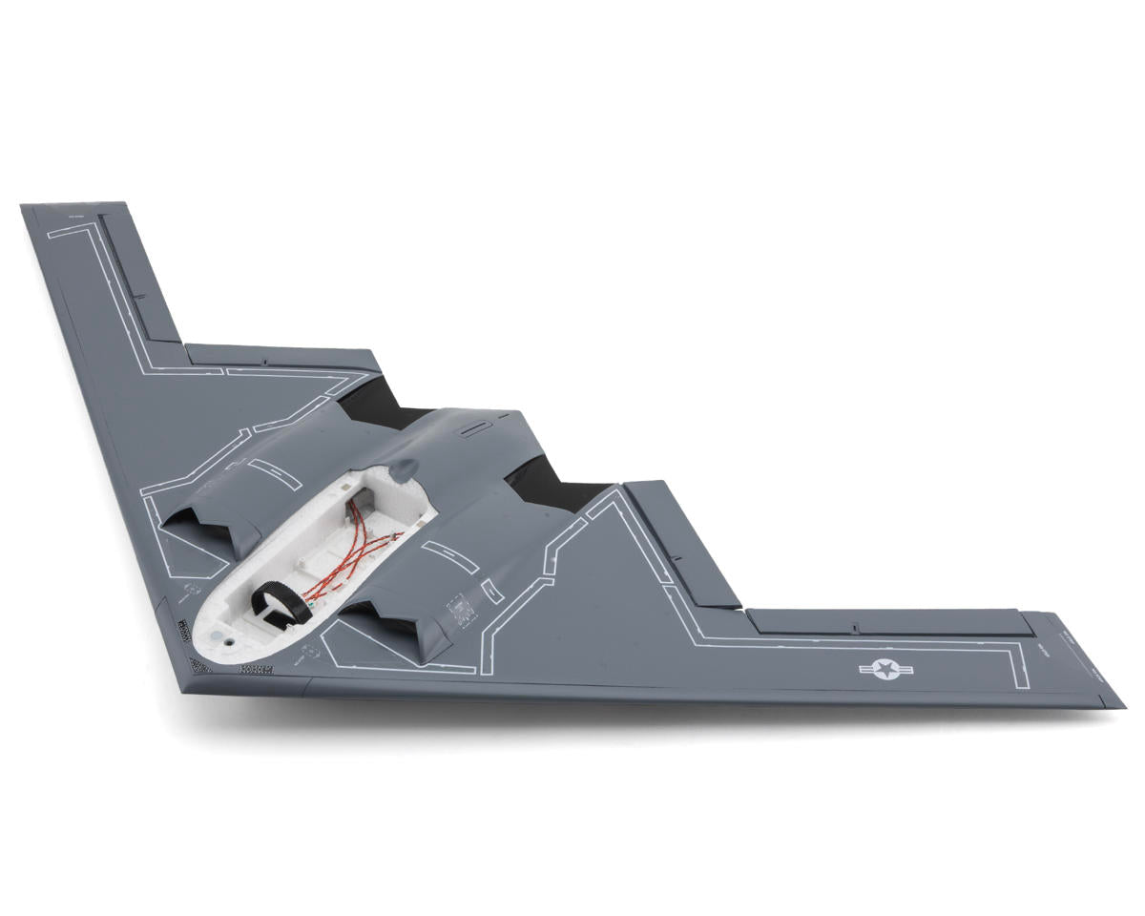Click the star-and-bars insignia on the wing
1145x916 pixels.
886,670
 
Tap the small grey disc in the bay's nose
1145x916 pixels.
221,634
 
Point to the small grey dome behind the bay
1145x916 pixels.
405,468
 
